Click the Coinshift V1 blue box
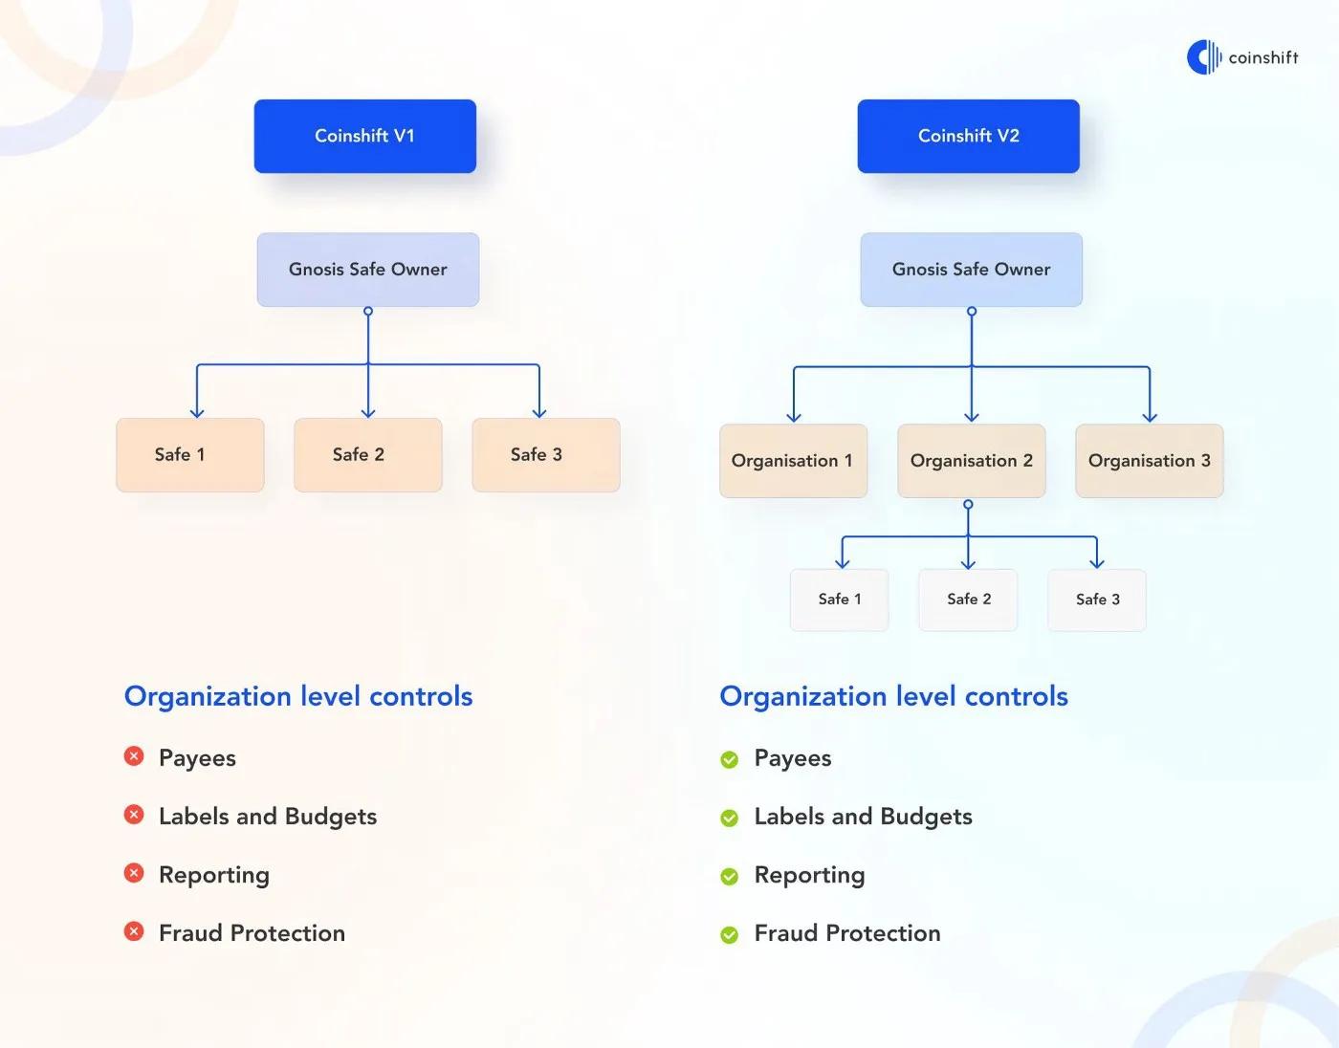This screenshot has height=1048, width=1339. (x=364, y=136)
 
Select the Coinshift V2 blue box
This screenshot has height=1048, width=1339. (x=968, y=136)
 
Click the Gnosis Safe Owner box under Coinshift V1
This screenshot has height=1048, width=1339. (x=368, y=269)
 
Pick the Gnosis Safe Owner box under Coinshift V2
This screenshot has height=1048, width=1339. (x=971, y=269)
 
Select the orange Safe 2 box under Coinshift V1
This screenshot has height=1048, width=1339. (x=368, y=455)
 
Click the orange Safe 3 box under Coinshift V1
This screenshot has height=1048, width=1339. (x=546, y=455)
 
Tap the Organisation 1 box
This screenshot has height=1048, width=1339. (x=794, y=461)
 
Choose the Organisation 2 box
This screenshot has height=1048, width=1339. (x=972, y=461)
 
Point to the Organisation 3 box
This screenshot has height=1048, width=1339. (x=1150, y=461)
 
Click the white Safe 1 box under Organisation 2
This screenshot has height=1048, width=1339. (x=839, y=600)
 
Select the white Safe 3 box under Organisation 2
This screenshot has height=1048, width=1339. (x=1097, y=600)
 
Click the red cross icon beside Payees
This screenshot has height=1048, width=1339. (x=134, y=756)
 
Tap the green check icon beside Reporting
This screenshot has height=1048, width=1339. (x=729, y=876)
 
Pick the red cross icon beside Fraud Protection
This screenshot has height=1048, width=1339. (x=134, y=931)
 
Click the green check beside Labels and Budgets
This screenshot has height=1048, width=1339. (x=729, y=818)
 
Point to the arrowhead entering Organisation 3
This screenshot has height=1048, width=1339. (x=1150, y=418)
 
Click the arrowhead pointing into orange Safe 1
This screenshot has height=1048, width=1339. (x=197, y=413)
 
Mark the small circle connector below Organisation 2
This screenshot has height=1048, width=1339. (x=968, y=504)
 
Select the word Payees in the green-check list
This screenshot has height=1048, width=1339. (x=793, y=758)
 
